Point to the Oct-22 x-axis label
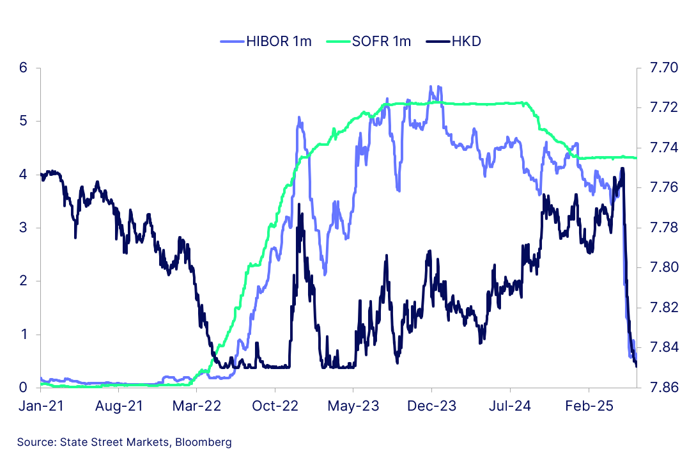point(275,406)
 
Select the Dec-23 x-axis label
point(431,406)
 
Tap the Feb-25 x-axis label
point(588,406)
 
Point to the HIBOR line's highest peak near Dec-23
point(431,86)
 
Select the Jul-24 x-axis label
point(510,406)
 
